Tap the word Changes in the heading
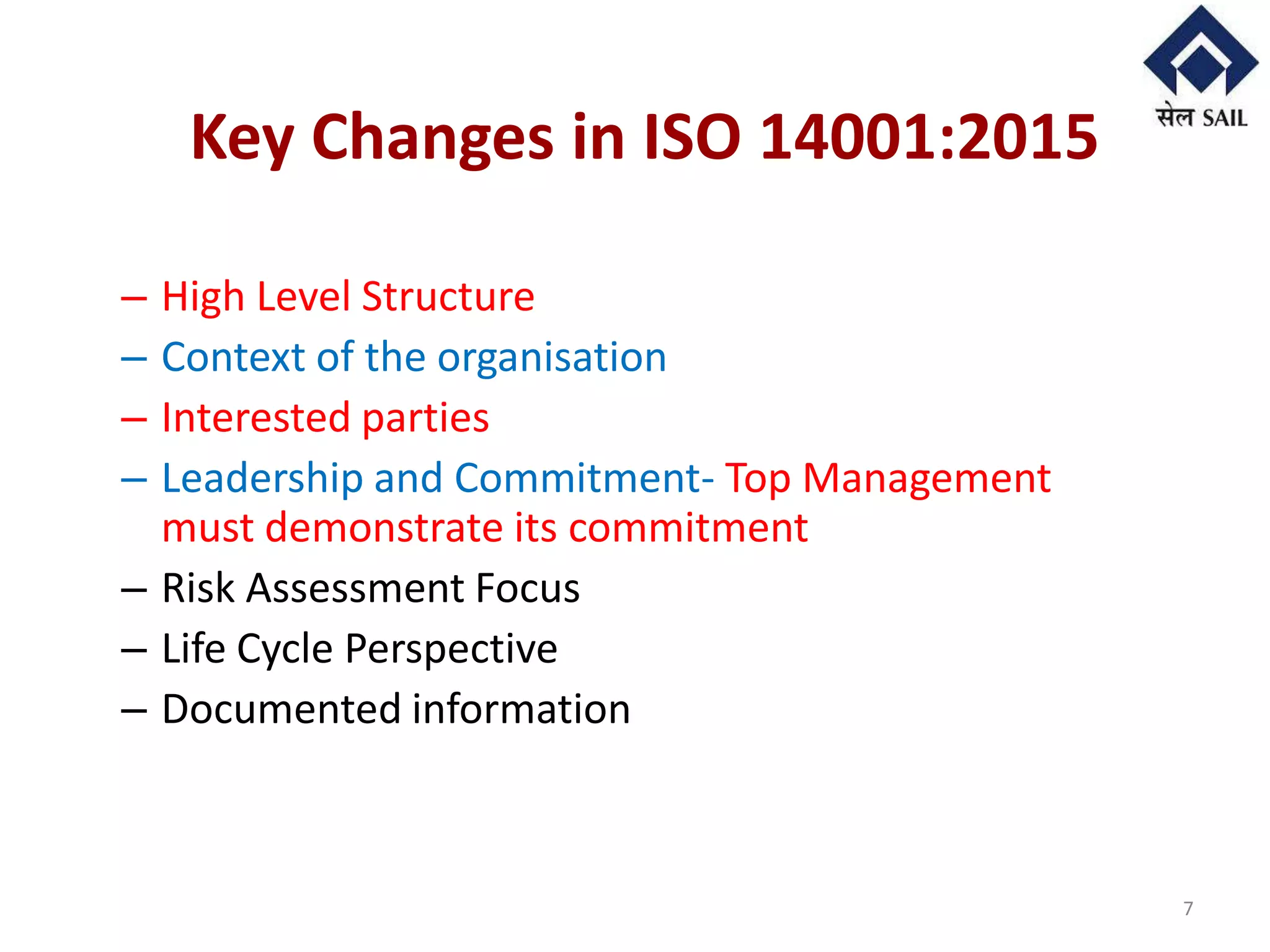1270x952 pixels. point(432,138)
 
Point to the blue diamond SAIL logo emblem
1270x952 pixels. point(1201,53)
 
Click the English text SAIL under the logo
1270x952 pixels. point(1225,118)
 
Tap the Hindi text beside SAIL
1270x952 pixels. point(1175,116)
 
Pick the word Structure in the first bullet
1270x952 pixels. point(448,296)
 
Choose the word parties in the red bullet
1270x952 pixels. point(425,418)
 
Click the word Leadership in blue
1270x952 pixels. point(262,478)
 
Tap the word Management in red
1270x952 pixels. point(926,479)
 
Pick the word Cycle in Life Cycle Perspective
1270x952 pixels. point(285,650)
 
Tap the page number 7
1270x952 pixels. point(1188,909)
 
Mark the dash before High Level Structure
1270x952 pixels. point(134,298)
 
